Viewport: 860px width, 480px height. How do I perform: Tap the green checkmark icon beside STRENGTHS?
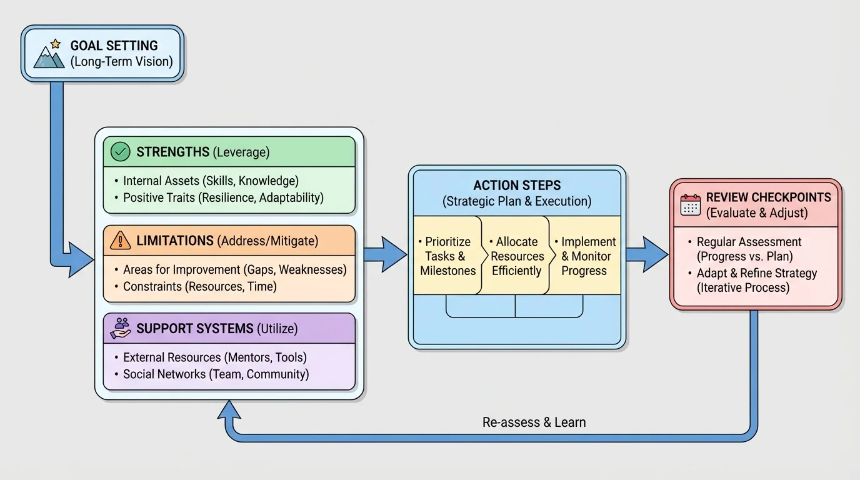(120, 152)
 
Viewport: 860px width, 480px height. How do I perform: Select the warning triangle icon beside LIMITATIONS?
(120, 241)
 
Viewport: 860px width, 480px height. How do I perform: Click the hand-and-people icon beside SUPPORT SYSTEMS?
(120, 328)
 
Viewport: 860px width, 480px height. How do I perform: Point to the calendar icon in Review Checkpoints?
(691, 205)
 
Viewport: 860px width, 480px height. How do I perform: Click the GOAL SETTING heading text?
(114, 46)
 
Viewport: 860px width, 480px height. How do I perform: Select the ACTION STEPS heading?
(517, 186)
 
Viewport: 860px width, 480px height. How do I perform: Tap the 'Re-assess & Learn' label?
(534, 422)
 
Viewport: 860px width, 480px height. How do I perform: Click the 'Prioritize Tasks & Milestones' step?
(447, 256)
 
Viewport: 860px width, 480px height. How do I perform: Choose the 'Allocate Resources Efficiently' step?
(517, 256)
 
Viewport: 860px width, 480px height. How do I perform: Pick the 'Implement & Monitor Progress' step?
(584, 256)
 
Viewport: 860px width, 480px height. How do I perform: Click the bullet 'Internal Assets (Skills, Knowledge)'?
(211, 181)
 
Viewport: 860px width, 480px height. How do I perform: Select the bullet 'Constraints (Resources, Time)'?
(199, 286)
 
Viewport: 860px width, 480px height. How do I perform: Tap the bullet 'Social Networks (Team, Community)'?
(216, 374)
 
